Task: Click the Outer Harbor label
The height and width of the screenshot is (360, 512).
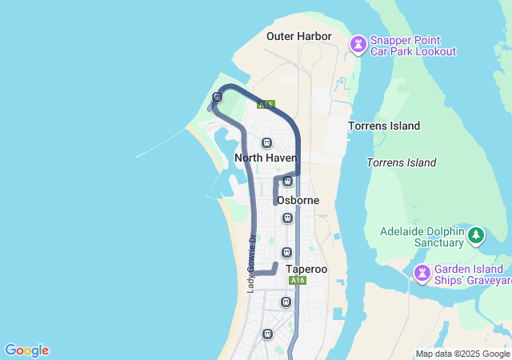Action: pyautogui.click(x=298, y=36)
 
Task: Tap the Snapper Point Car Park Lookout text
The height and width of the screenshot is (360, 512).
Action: pyautogui.click(x=413, y=46)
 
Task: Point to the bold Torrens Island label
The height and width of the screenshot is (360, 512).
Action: pyautogui.click(x=384, y=126)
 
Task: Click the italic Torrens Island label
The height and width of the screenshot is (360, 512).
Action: pyautogui.click(x=402, y=162)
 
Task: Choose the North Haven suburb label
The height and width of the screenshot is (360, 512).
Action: pyautogui.click(x=266, y=158)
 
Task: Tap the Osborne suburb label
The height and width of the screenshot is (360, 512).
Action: pyautogui.click(x=298, y=200)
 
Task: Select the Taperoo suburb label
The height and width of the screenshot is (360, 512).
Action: pyautogui.click(x=306, y=270)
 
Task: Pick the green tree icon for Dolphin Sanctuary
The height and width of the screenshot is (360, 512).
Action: pyautogui.click(x=476, y=235)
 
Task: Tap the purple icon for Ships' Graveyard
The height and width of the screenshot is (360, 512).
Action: pyautogui.click(x=422, y=274)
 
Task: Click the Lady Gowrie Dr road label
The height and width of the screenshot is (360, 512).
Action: pyautogui.click(x=250, y=262)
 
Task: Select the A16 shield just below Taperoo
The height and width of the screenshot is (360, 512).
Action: pyautogui.click(x=298, y=281)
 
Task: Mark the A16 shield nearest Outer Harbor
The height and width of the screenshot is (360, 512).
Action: pyautogui.click(x=266, y=104)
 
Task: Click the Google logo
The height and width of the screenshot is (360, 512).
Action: pyautogui.click(x=26, y=350)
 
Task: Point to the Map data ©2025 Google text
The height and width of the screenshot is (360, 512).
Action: pyautogui.click(x=462, y=354)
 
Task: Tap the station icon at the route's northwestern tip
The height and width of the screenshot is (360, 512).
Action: pyautogui.click(x=217, y=98)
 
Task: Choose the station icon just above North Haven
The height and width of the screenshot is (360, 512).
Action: pyautogui.click(x=266, y=142)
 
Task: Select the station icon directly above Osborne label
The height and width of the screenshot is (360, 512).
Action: pyautogui.click(x=288, y=181)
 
